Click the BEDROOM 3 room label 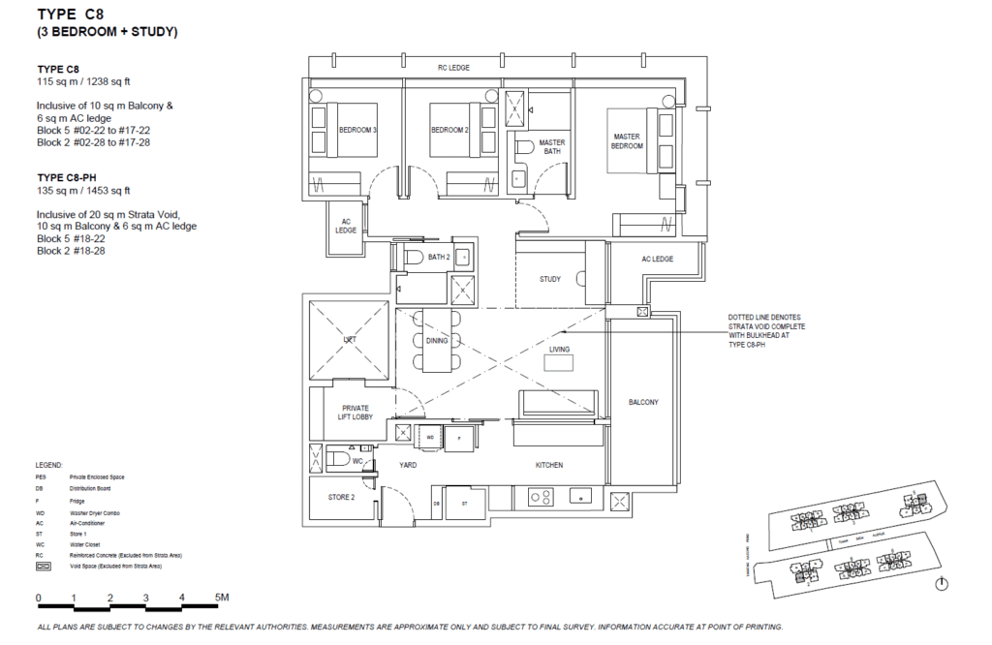[x=357, y=131]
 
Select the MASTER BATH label [x=551, y=147]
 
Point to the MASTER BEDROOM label [x=627, y=141]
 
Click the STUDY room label [x=550, y=280]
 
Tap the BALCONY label [x=642, y=402]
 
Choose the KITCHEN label [x=549, y=466]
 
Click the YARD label [x=408, y=466]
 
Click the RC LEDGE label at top [x=453, y=68]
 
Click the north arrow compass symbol [x=943, y=584]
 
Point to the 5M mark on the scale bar [x=222, y=598]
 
